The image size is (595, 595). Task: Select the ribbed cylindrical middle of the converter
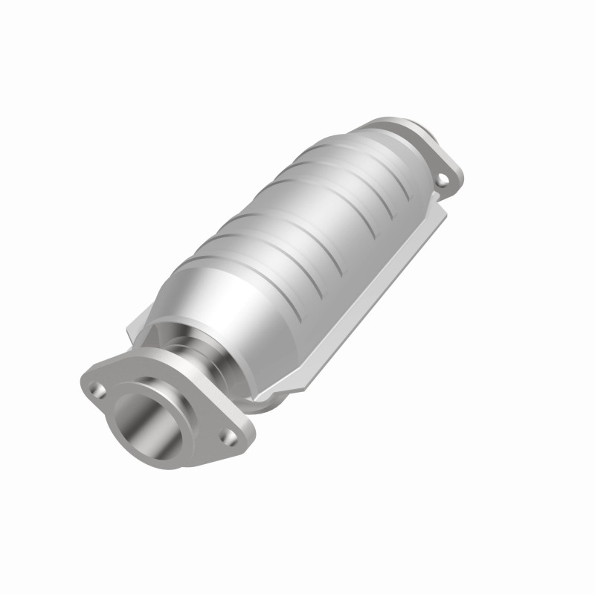pos(312,223)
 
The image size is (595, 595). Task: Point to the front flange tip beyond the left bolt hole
pos(83,379)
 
